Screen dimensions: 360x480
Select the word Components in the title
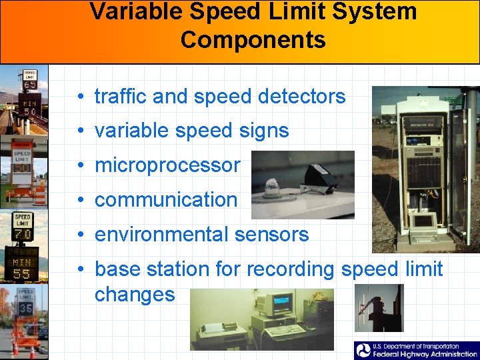(253, 40)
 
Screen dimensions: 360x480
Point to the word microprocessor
(167, 165)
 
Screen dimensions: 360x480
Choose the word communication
(166, 200)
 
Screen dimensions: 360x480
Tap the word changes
(135, 294)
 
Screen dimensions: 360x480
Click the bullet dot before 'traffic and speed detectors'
(79, 97)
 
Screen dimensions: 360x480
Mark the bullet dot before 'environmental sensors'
(79, 235)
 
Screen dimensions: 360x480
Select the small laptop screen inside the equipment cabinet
(423, 221)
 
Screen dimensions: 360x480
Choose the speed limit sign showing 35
(26, 303)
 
